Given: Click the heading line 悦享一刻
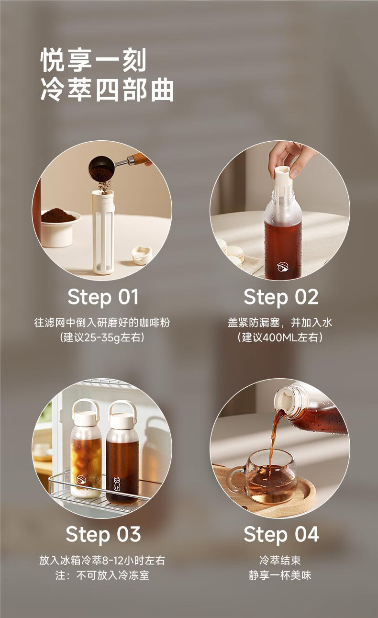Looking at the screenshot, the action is (93, 60).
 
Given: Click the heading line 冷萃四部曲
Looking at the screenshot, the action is (107, 90).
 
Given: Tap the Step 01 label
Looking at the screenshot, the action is (103, 297).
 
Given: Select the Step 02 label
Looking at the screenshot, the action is (281, 297).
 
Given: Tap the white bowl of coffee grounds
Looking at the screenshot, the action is (59, 227).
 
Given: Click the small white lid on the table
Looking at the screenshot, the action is (142, 254).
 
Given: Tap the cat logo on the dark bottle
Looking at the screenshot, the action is (117, 484).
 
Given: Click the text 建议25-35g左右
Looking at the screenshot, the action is (102, 337).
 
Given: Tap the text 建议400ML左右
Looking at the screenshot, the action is (280, 337).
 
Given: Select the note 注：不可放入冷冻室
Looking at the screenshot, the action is (102, 575).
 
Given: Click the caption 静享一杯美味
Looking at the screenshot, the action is (280, 575).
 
